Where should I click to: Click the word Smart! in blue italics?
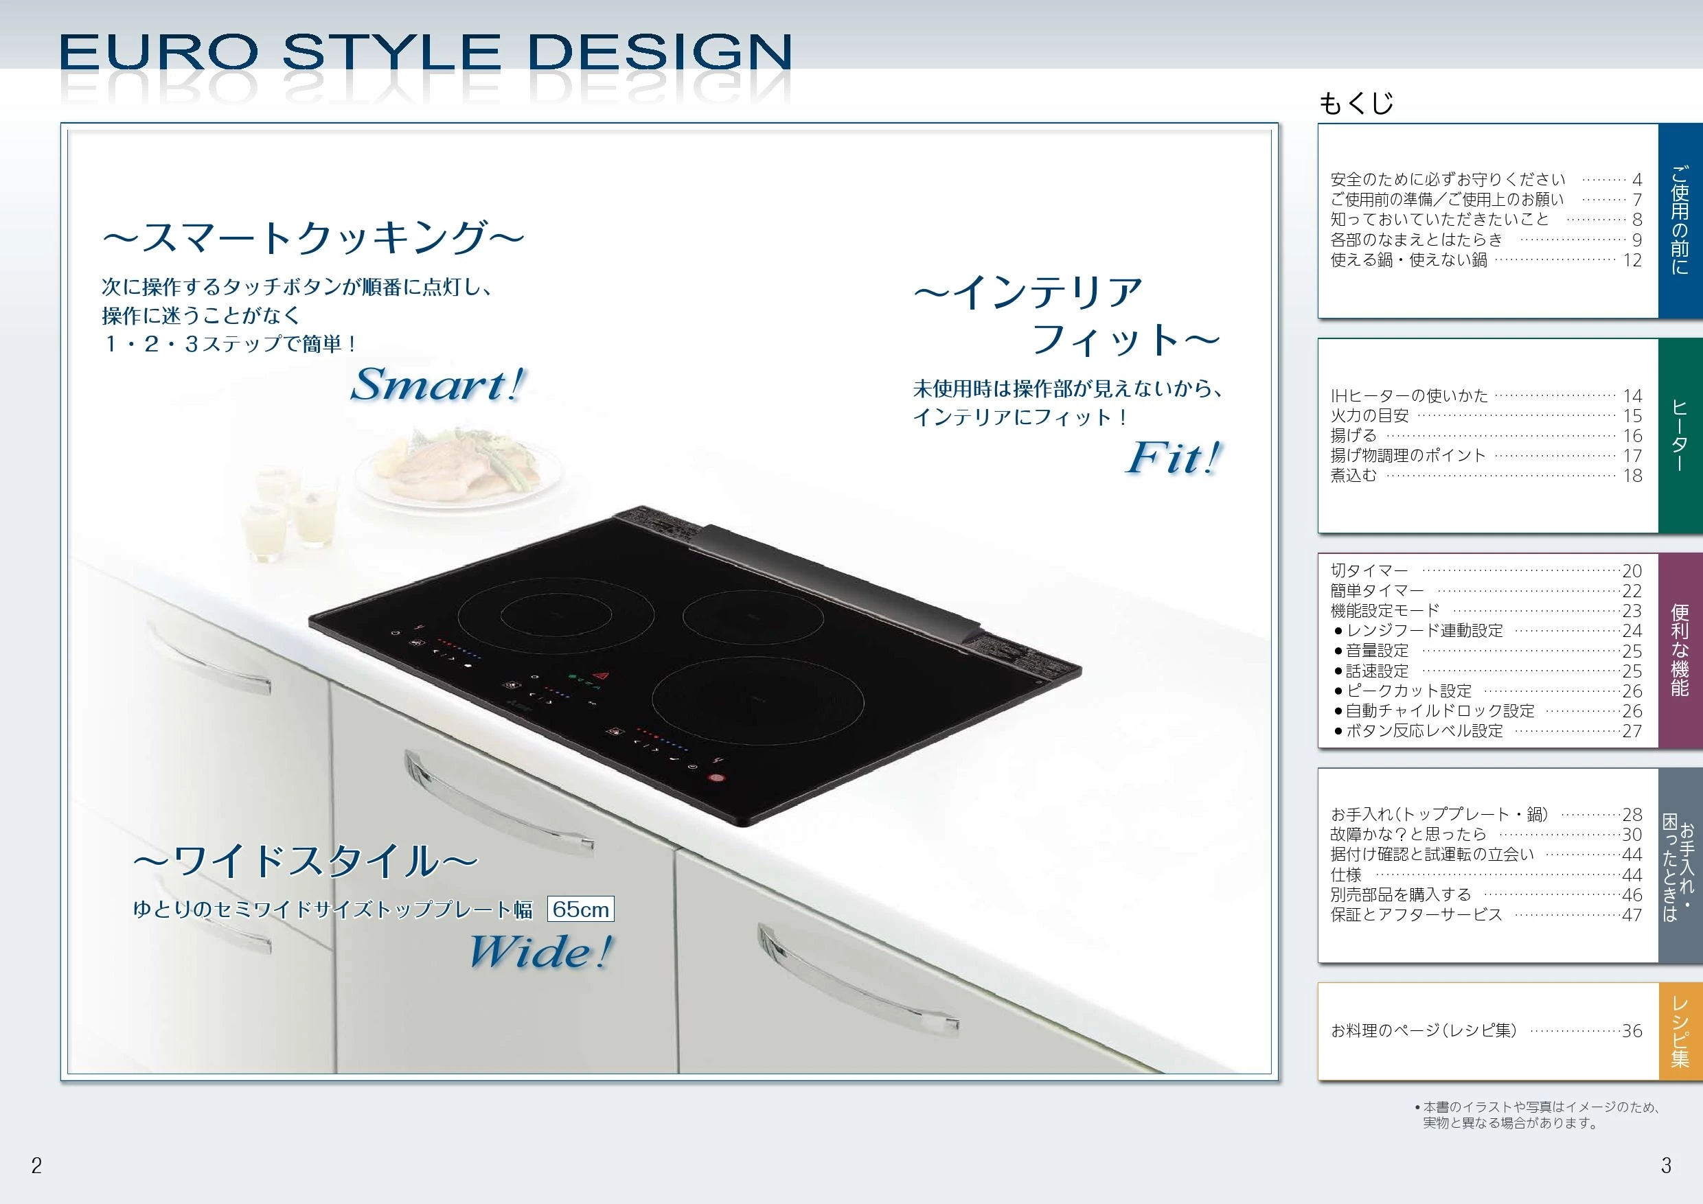pyautogui.click(x=437, y=385)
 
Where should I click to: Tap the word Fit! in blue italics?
pyautogui.click(x=1173, y=457)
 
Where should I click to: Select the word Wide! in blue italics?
pyautogui.click(x=540, y=951)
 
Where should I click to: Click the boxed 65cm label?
pyautogui.click(x=581, y=909)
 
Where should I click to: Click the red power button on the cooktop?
pyautogui.click(x=716, y=778)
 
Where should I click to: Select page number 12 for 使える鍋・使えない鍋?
pyautogui.click(x=1632, y=260)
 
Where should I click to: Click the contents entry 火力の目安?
pyautogui.click(x=1369, y=416)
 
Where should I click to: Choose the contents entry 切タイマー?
pyautogui.click(x=1369, y=571)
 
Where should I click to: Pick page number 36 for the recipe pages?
pyautogui.click(x=1632, y=1030)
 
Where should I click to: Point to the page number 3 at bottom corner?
pyautogui.click(x=1666, y=1166)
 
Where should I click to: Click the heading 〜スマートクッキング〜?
pyautogui.click(x=313, y=238)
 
